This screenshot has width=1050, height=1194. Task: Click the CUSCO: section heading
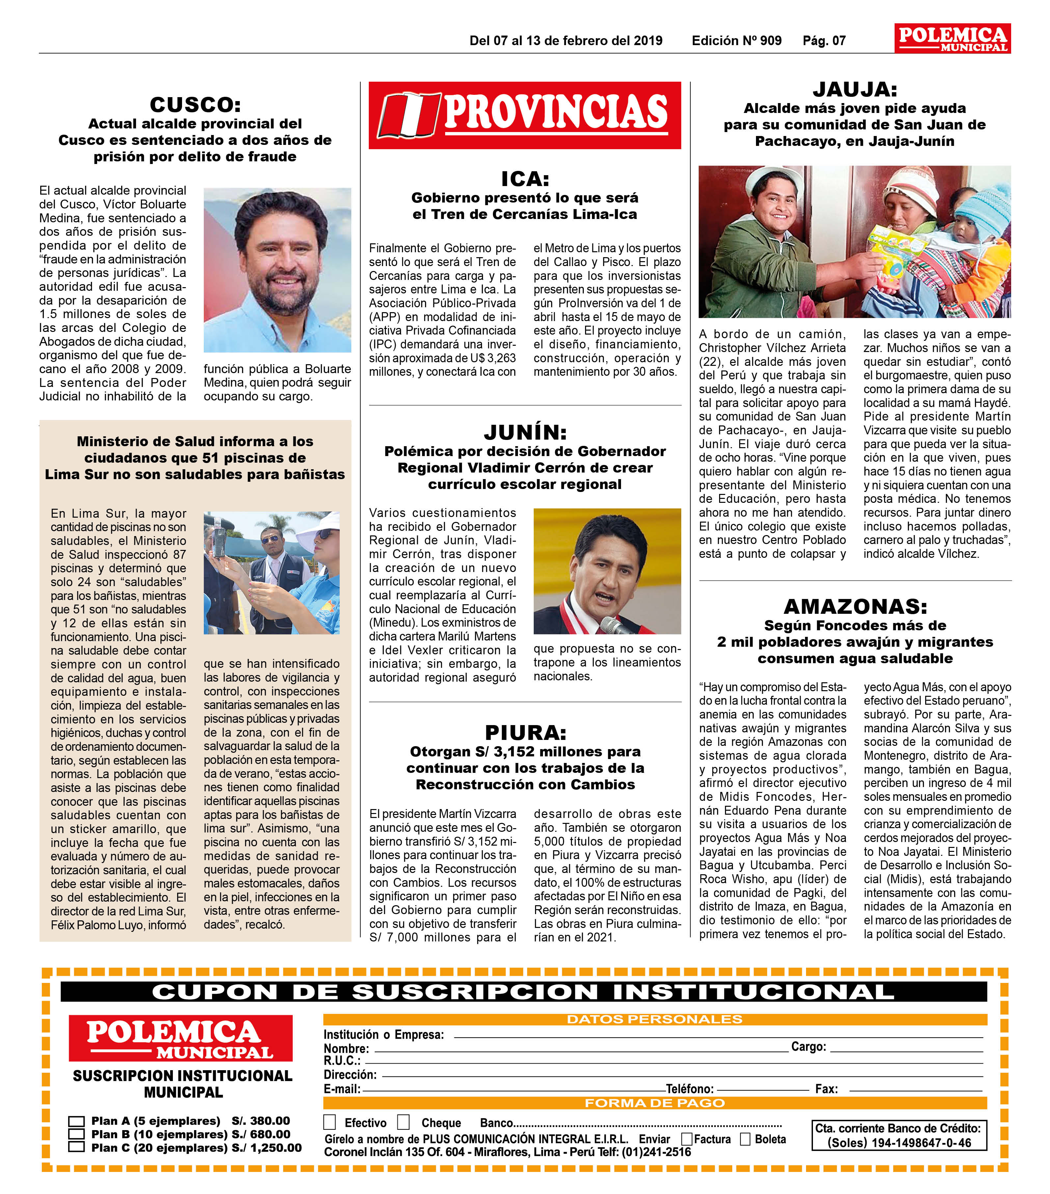tap(195, 105)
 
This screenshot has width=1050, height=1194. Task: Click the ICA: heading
tap(525, 179)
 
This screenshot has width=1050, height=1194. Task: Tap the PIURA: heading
tap(525, 733)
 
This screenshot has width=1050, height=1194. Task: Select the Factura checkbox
tap(687, 1139)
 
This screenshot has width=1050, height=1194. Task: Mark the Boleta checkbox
tap(745, 1139)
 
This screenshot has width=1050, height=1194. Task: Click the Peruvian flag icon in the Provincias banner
tap(409, 115)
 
